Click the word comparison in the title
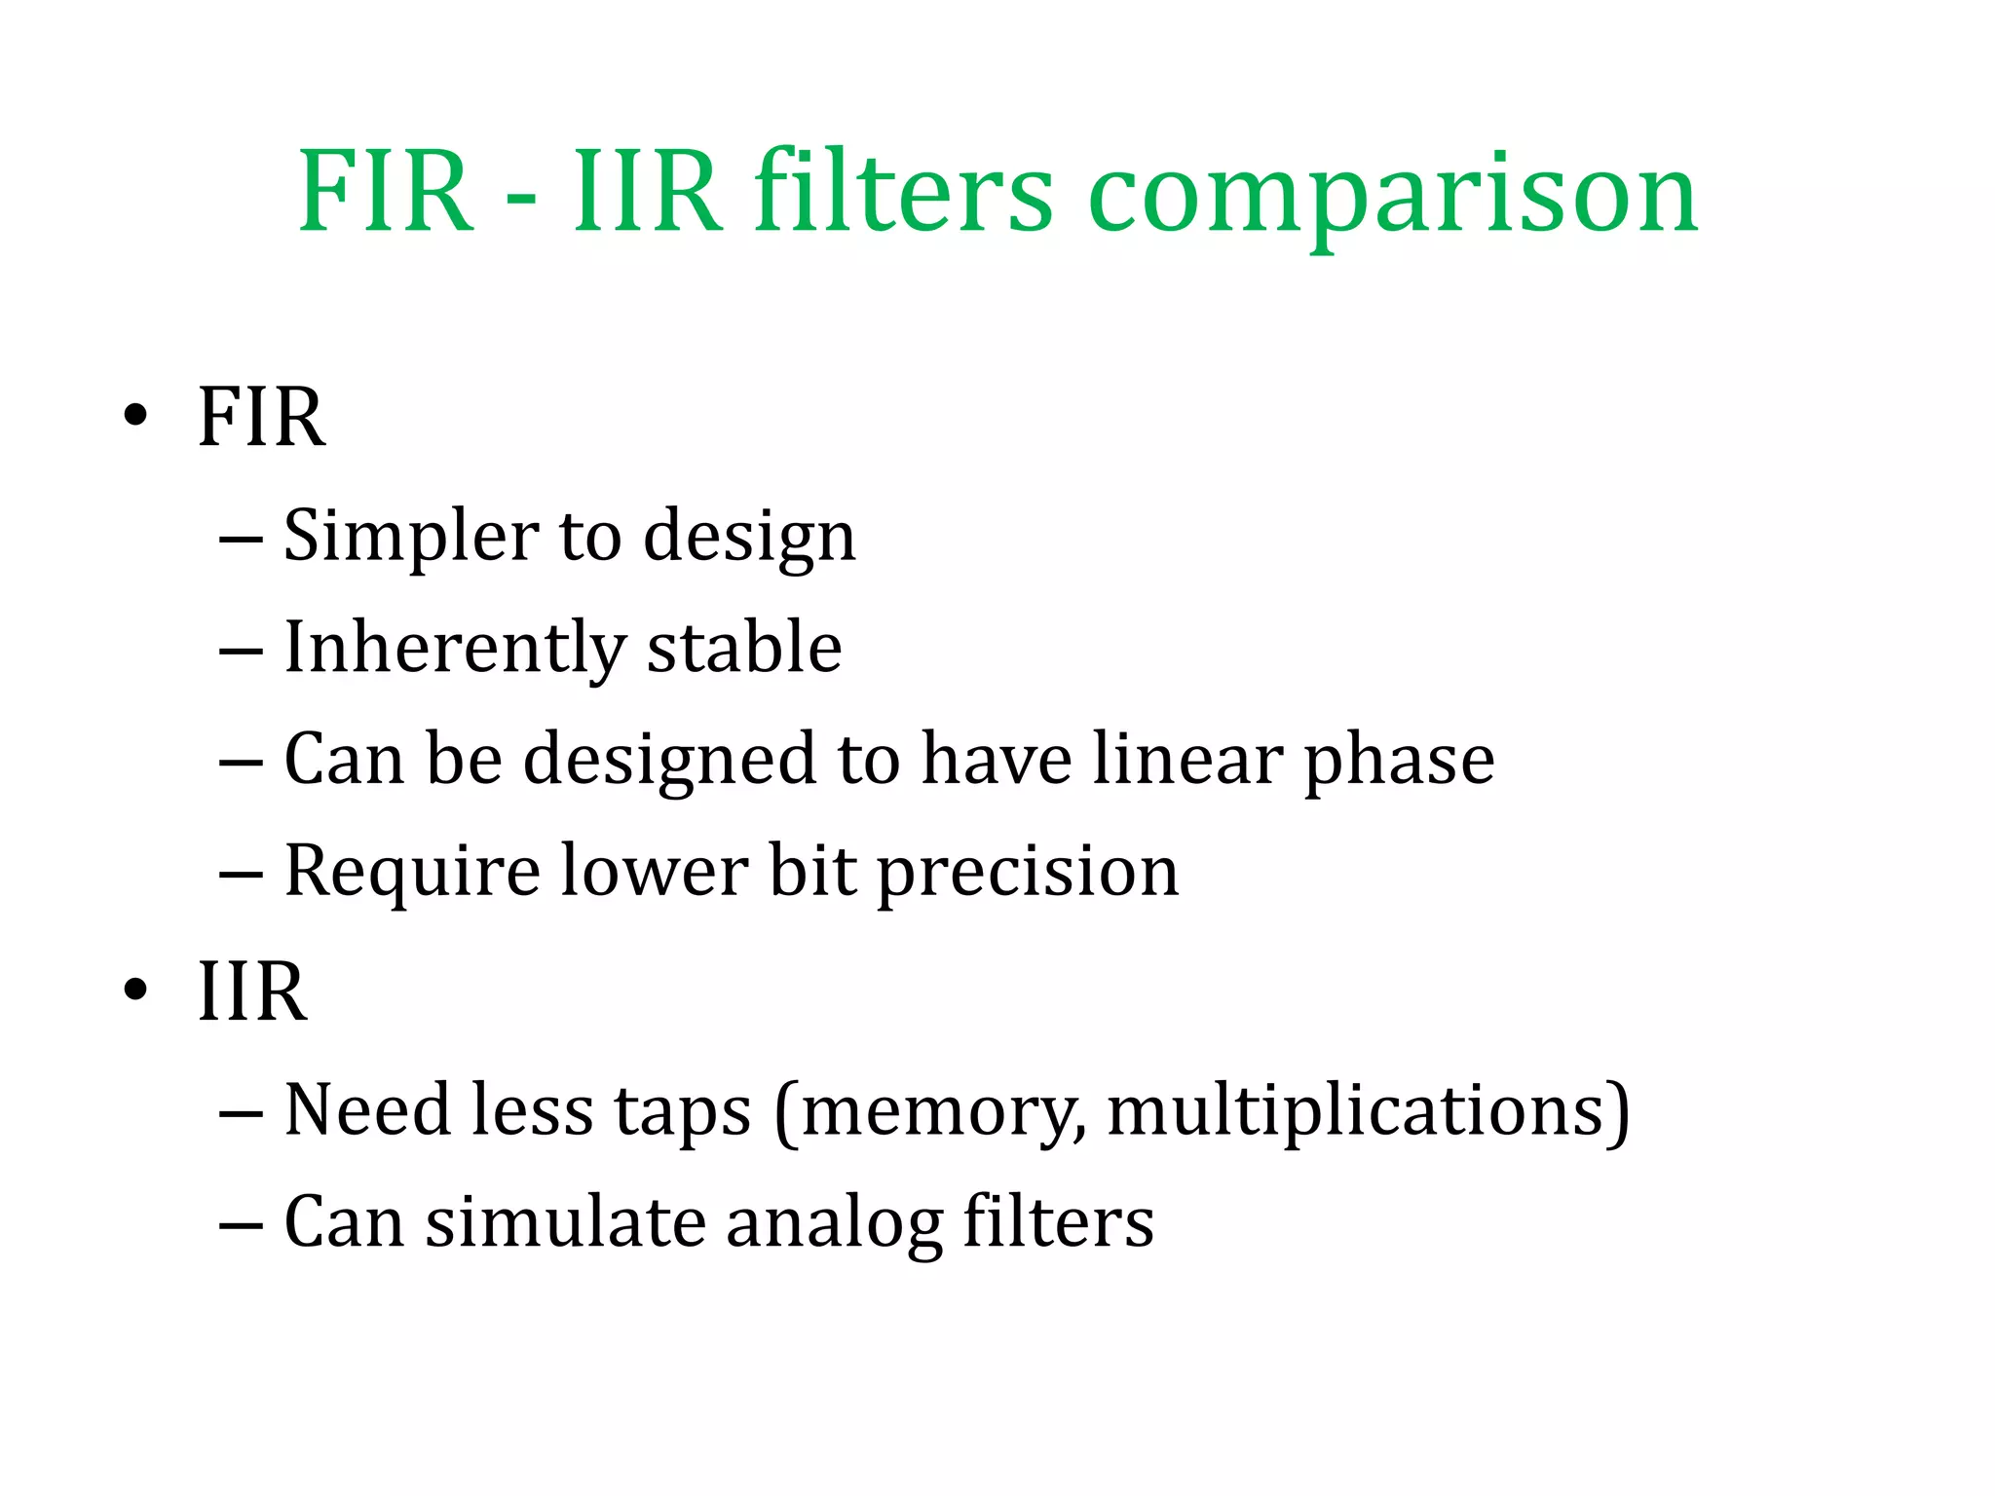(1393, 195)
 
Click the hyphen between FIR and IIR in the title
(522, 199)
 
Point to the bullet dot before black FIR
(135, 416)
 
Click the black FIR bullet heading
(261, 417)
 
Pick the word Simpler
(409, 537)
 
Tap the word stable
(744, 648)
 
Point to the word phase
(1399, 762)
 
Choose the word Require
(411, 873)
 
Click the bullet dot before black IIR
(135, 991)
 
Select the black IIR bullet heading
(252, 991)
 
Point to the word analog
(834, 1224)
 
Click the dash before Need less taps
(241, 1111)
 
